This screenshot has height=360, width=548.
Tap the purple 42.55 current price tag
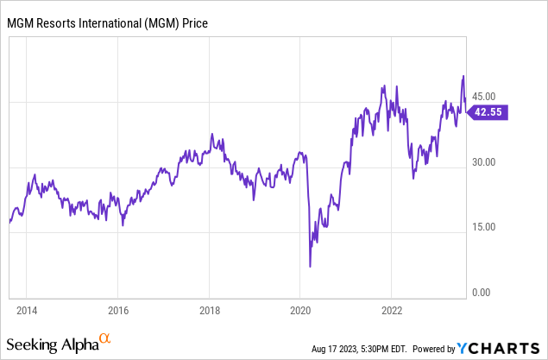[488, 111]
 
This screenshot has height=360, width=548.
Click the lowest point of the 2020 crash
[310, 266]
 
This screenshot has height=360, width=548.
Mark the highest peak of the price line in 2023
[463, 76]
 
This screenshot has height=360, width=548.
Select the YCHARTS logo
[499, 349]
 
